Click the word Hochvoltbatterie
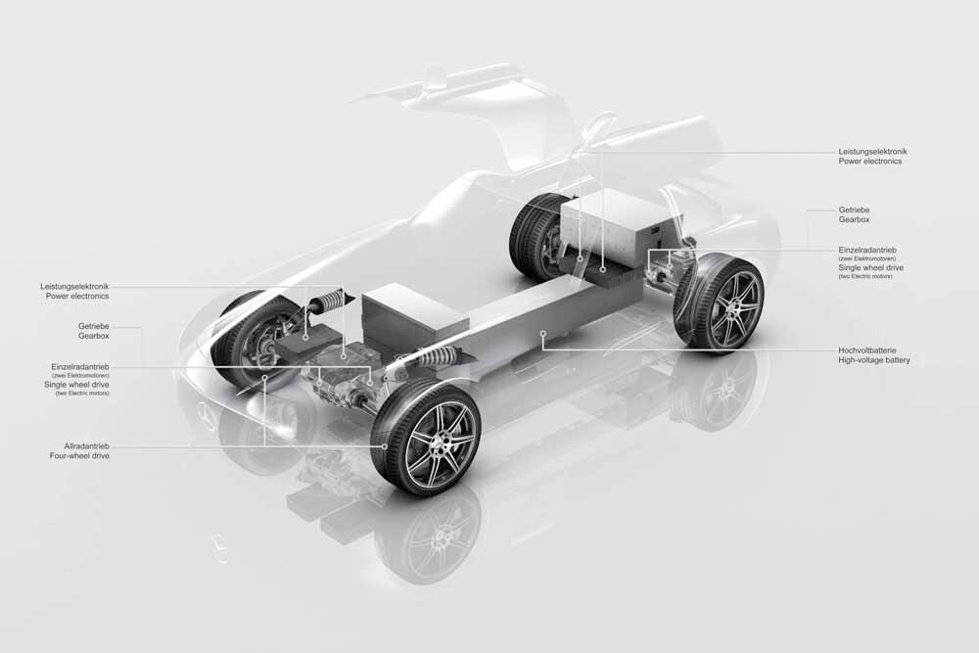point(873,350)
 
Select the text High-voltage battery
point(873,360)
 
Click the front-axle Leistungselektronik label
point(74,285)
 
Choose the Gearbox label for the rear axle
point(855,220)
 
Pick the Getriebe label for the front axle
point(94,325)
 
